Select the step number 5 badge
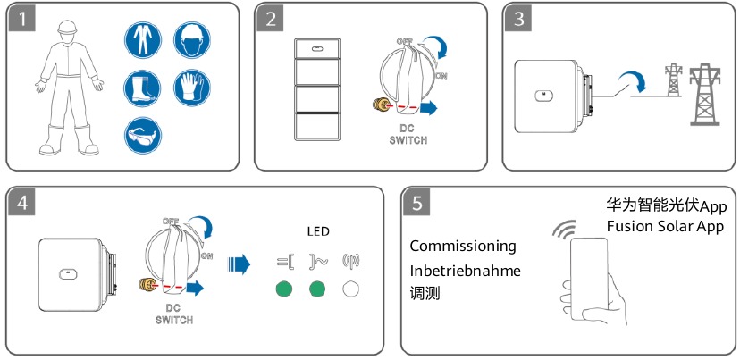tap(416, 203)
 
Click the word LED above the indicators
tap(318, 231)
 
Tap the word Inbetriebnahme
tap(465, 269)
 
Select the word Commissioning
tap(463, 246)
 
